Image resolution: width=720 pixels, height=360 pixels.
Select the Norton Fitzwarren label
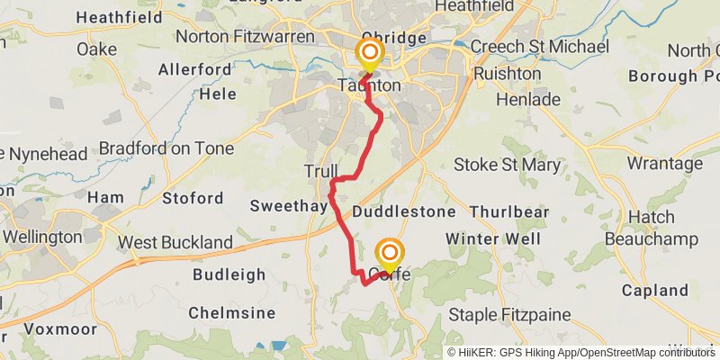(246, 37)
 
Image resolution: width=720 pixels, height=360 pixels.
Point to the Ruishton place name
(508, 73)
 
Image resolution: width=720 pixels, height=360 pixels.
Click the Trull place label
(321, 171)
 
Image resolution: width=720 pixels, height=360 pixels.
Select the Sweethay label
(288, 206)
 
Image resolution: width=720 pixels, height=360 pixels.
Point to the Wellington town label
(42, 238)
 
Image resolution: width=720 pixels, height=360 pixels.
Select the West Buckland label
(175, 242)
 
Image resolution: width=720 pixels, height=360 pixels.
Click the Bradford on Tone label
(166, 148)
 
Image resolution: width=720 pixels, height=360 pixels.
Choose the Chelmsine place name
(231, 312)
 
